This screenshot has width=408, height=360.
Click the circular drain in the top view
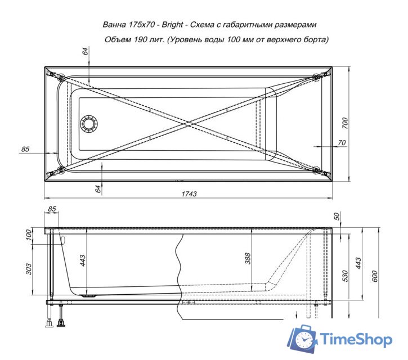tap(89, 124)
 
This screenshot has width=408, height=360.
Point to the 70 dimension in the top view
tap(341, 143)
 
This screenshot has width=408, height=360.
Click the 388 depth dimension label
tap(248, 258)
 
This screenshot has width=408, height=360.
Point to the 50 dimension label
tap(337, 217)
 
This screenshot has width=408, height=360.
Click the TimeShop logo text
tap(356, 339)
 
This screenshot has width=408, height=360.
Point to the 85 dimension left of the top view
tap(25, 149)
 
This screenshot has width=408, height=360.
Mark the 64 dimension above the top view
tap(85, 51)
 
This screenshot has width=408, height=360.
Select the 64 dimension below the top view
tap(98, 189)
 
